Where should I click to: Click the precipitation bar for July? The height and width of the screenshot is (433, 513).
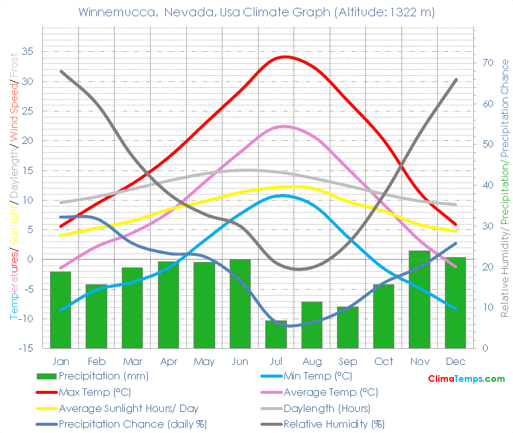click(276, 334)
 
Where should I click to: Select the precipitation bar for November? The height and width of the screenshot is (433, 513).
click(420, 299)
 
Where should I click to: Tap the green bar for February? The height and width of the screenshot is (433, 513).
click(96, 316)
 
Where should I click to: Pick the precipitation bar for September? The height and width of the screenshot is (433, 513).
click(348, 327)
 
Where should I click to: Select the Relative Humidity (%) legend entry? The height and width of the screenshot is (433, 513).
click(334, 423)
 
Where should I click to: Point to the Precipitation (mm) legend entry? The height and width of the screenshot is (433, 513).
click(103, 376)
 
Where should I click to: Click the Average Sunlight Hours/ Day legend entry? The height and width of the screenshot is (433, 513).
click(128, 408)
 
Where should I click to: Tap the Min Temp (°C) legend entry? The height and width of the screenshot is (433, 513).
click(318, 376)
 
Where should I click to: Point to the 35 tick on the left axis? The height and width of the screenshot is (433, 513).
click(28, 52)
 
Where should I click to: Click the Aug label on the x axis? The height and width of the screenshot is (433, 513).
click(312, 361)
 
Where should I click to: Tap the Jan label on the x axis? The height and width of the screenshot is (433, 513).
click(60, 361)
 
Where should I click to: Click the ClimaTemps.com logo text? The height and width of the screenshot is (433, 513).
click(466, 379)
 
